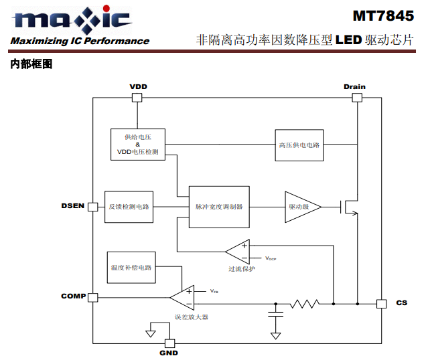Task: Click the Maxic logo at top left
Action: tap(71, 19)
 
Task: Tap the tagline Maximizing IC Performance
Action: tap(80, 41)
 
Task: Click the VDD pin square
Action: tap(137, 97)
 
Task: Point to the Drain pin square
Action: tap(356, 97)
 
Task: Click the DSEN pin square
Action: tap(93, 205)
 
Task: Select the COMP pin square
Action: tap(93, 297)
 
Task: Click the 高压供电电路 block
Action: tap(299, 145)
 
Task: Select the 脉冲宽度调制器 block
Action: tap(219, 207)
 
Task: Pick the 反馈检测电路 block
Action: tap(129, 206)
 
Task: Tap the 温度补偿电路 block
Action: tap(131, 267)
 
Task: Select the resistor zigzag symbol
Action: tap(304, 304)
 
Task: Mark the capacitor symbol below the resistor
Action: tap(275, 314)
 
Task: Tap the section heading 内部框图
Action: tap(31, 65)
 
